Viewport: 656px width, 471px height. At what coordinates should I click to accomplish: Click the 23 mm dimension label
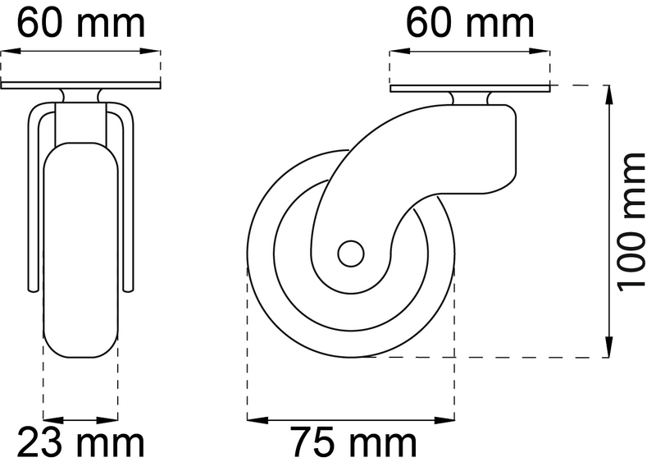point(80,444)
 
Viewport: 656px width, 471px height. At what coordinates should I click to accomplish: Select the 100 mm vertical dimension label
point(631,222)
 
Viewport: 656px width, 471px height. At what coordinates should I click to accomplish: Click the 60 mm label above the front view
point(80,22)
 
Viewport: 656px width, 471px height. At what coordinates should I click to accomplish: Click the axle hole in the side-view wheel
point(350,254)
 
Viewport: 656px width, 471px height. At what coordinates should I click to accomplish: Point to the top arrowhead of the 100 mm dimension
point(610,93)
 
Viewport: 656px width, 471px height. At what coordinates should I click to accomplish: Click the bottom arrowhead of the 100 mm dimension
point(610,350)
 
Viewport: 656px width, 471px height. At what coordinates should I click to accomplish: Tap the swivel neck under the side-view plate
point(469,98)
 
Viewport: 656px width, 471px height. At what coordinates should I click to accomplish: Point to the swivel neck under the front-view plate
point(81,96)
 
